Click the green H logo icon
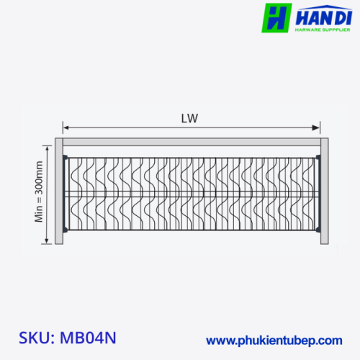coord(276,18)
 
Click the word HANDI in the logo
coord(324,17)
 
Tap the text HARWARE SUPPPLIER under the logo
coord(323,30)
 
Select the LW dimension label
coord(189,118)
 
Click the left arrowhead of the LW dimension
coord(66,127)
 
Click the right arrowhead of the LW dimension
coord(316,127)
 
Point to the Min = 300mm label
coord(39,192)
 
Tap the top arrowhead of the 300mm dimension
coord(47,149)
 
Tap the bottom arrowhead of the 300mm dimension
coord(47,240)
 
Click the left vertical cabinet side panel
coord(59,191)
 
